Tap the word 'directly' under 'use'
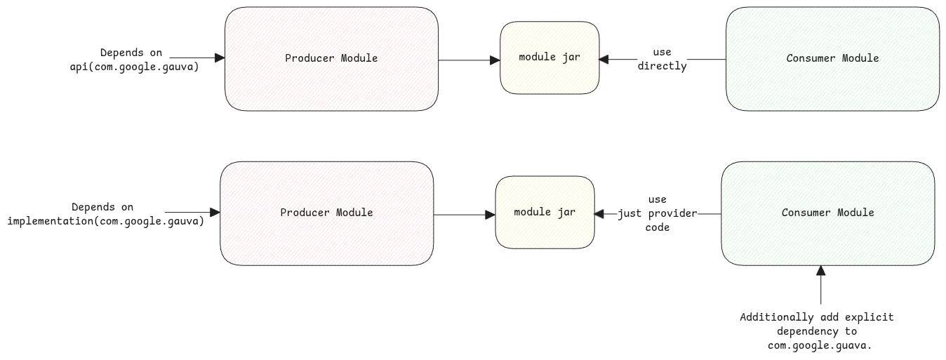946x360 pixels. click(662, 66)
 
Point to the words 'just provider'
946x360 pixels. click(658, 213)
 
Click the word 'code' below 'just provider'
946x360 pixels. click(658, 227)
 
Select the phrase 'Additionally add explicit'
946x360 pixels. click(817, 317)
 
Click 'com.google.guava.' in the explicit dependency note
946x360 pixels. click(817, 345)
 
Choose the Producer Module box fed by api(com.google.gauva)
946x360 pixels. click(331, 58)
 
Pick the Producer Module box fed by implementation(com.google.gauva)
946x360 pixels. click(326, 213)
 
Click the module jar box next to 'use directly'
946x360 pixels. click(549, 58)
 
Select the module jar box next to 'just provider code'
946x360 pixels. click(545, 212)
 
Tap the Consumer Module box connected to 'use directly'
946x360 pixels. click(832, 58)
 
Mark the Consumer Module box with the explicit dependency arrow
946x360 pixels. click(827, 213)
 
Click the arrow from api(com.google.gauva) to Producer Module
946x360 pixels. click(196, 58)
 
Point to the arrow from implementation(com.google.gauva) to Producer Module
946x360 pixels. click(192, 212)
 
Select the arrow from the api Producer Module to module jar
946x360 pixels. click(469, 60)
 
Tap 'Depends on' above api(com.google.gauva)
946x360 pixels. click(131, 53)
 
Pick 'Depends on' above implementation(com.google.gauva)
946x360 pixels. click(102, 207)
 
